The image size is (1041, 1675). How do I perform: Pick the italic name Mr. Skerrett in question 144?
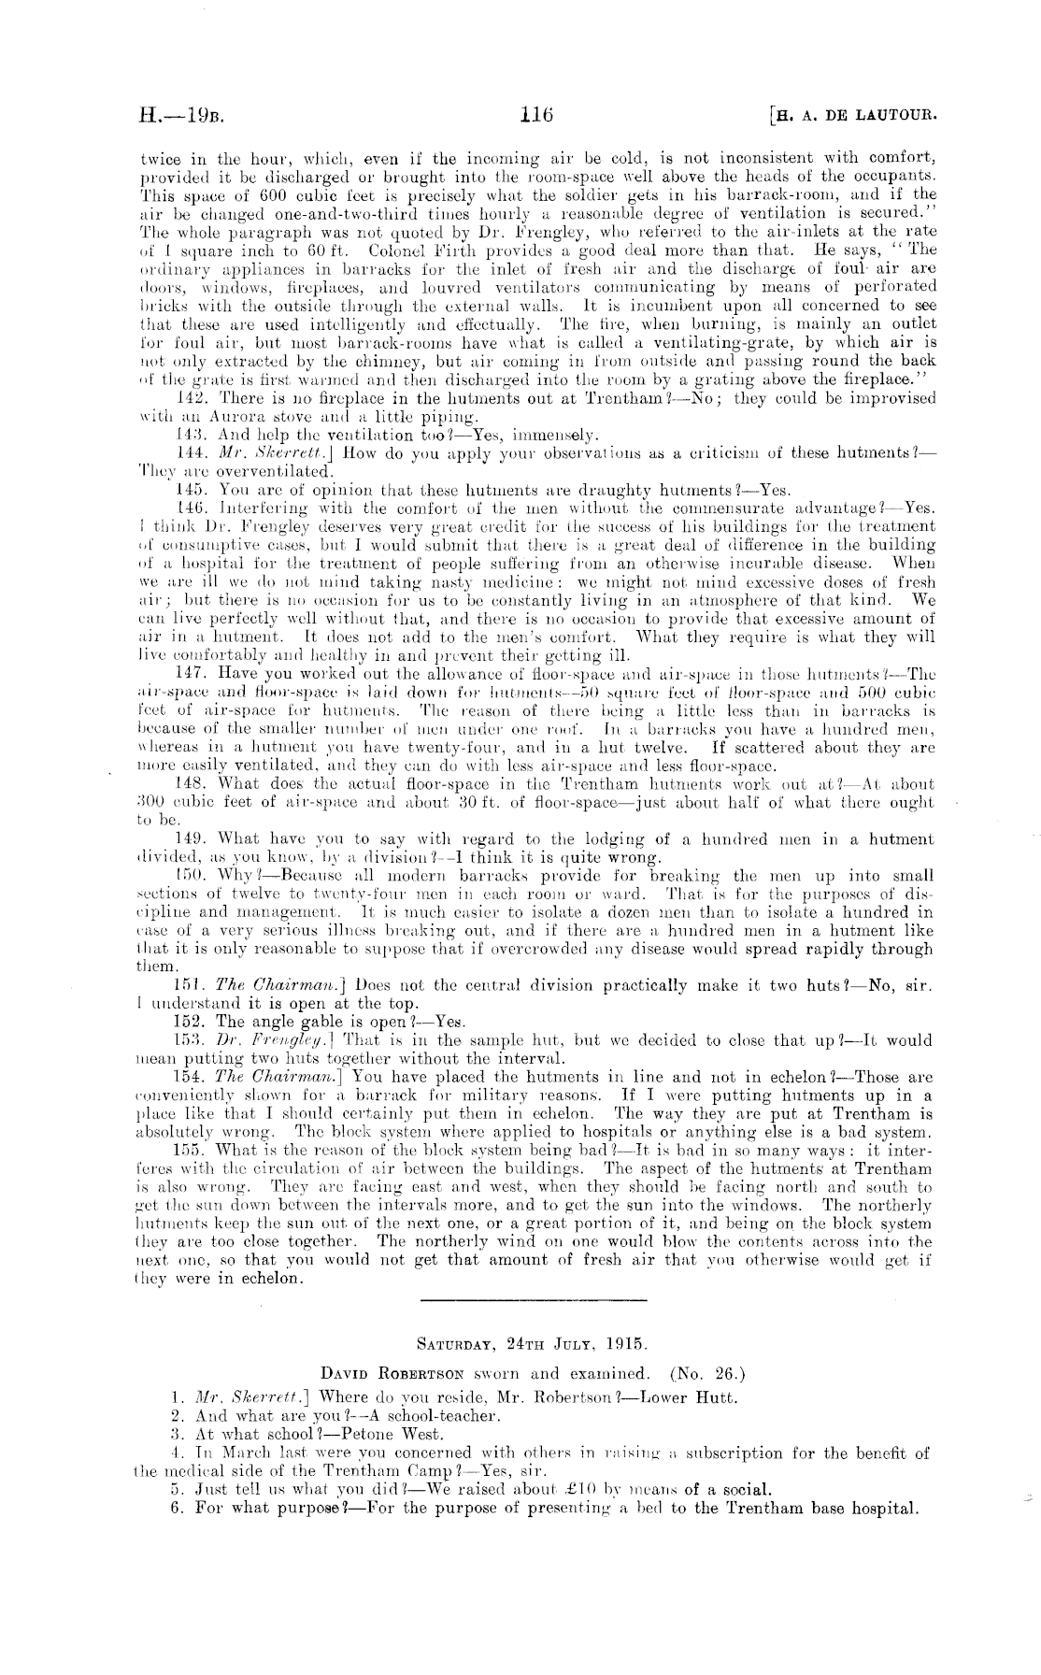[x=267, y=453]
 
